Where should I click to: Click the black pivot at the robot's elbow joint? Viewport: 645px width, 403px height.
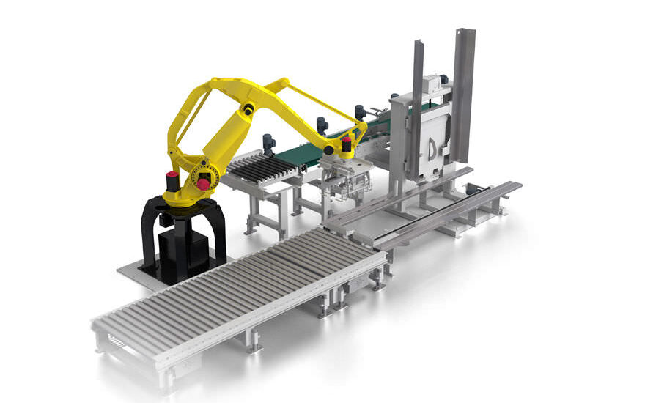click(x=249, y=109)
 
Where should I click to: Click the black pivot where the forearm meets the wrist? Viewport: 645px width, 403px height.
click(x=329, y=149)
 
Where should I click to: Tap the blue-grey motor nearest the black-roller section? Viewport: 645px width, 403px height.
click(x=268, y=141)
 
